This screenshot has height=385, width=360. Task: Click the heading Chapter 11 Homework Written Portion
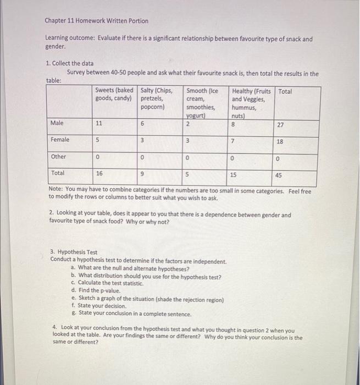[x=97, y=21]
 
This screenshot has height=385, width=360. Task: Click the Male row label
[x=57, y=123]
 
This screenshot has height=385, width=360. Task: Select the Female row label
[x=60, y=140]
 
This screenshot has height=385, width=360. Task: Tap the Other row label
[x=58, y=157]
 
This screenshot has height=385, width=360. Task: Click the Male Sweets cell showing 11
[x=99, y=124]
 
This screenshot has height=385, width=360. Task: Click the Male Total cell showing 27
[x=280, y=125]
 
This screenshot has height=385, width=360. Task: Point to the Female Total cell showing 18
[x=280, y=142]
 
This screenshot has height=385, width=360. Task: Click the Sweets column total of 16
[x=99, y=173]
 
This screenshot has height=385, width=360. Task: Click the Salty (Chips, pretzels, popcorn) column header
[x=157, y=99]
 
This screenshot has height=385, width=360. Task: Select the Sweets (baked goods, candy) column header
[x=114, y=94]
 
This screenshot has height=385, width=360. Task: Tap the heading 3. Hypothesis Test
[x=74, y=252]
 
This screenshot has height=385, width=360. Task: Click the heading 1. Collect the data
[x=70, y=64]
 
